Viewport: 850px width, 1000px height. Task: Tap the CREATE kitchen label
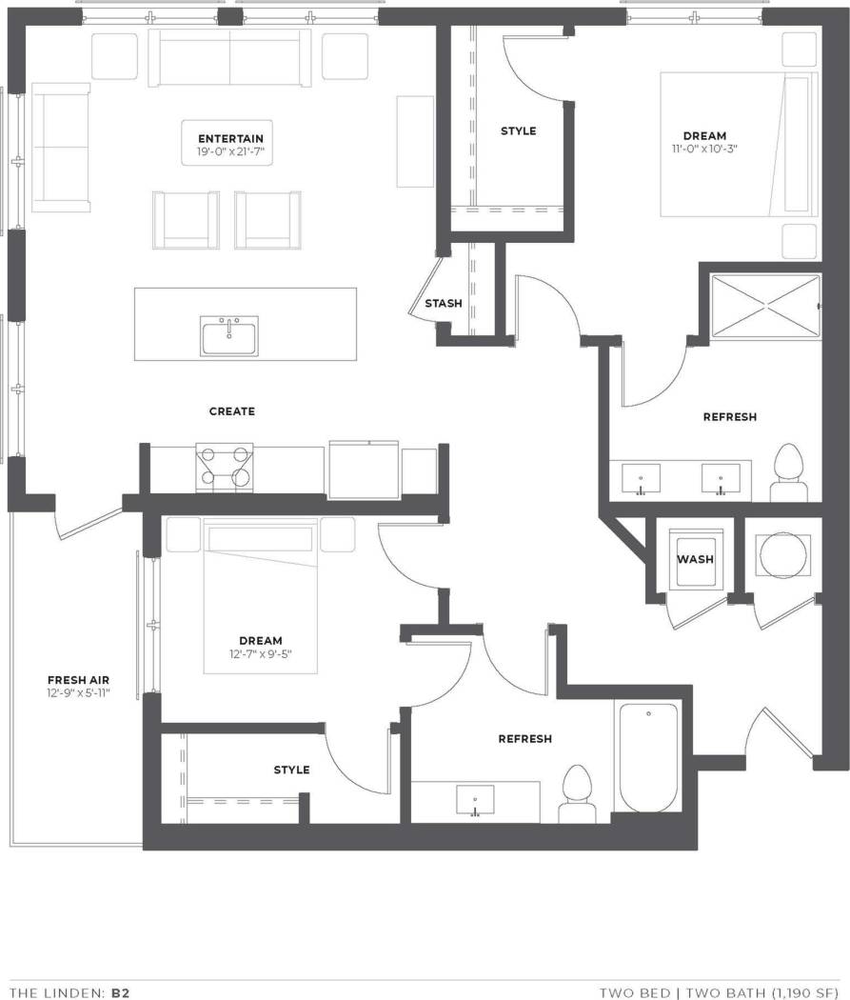point(232,411)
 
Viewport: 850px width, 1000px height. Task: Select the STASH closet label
point(444,304)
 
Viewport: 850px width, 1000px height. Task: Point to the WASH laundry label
point(695,559)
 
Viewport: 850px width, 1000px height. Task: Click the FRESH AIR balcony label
point(78,680)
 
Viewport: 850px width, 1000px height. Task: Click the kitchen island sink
point(228,336)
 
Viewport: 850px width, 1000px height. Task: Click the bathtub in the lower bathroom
point(647,757)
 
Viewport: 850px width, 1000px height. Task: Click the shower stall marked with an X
point(765,306)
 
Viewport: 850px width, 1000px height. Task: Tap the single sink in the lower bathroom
point(475,800)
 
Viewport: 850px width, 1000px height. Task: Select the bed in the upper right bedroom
point(738,145)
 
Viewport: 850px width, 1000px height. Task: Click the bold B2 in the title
point(120,992)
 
